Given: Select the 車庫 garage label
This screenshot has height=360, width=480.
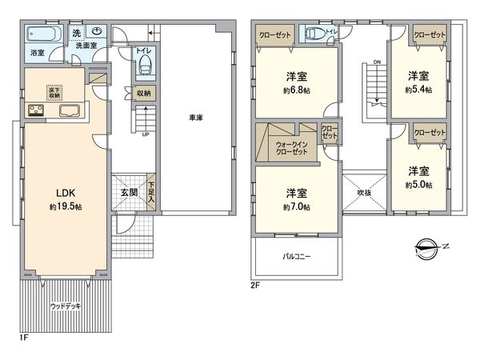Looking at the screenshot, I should (x=195, y=118).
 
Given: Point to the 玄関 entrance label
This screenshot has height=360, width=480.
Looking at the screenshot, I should (x=129, y=192).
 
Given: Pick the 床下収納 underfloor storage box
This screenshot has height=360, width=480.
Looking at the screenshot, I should (x=38, y=90).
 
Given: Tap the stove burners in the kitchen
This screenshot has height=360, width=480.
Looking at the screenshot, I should (x=37, y=110).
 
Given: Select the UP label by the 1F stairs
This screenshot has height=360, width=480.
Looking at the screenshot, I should (x=145, y=134).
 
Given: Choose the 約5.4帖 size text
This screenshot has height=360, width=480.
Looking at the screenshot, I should (x=418, y=90).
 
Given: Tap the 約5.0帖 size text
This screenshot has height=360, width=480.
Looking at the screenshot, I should (x=418, y=185).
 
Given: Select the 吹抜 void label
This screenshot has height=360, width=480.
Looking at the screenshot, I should (x=365, y=193).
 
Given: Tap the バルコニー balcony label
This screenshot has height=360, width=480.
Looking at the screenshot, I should (x=297, y=257).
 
